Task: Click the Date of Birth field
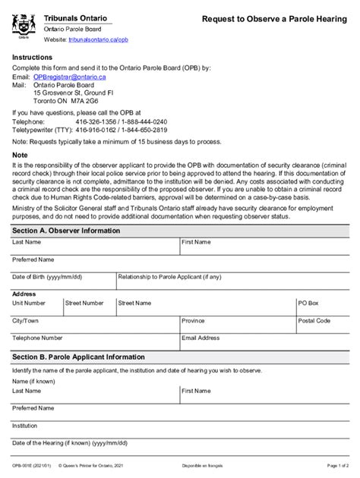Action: tap(61, 283)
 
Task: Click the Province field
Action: tap(235, 326)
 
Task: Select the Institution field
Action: tap(179, 432)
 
